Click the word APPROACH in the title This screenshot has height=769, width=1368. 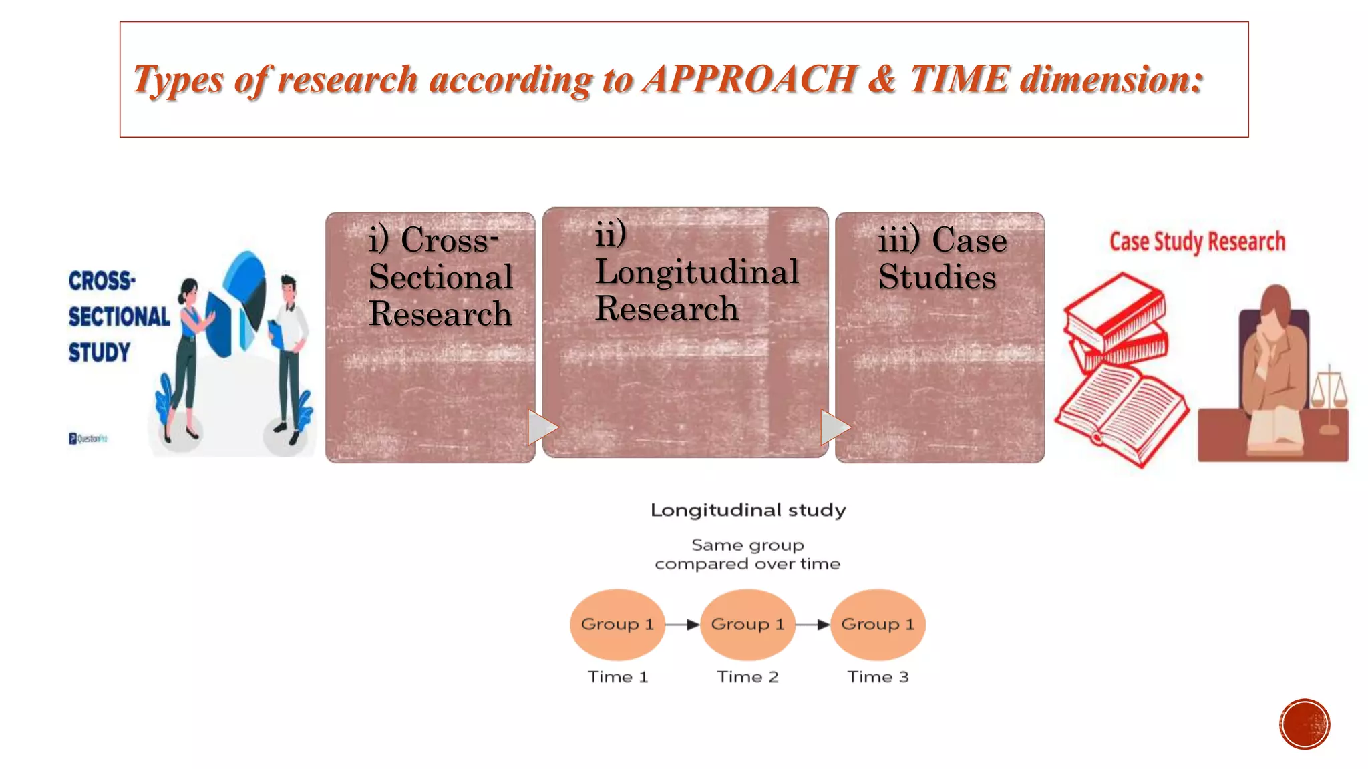tap(749, 79)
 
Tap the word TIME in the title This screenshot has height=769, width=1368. tap(959, 79)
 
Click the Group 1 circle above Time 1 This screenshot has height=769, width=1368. tap(617, 624)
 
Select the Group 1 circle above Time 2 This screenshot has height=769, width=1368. tap(747, 624)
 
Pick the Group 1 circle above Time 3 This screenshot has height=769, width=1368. tap(878, 624)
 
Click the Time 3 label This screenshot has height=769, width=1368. tap(878, 677)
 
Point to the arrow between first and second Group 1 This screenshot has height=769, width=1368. tap(683, 625)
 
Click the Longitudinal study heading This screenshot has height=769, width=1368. tap(747, 510)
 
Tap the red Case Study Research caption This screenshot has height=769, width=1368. tap(1197, 242)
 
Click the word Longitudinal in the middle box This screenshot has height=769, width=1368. tap(697, 272)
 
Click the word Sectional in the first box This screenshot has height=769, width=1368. tap(441, 277)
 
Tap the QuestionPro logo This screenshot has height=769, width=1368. tap(88, 439)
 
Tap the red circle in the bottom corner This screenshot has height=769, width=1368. tap(1304, 724)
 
